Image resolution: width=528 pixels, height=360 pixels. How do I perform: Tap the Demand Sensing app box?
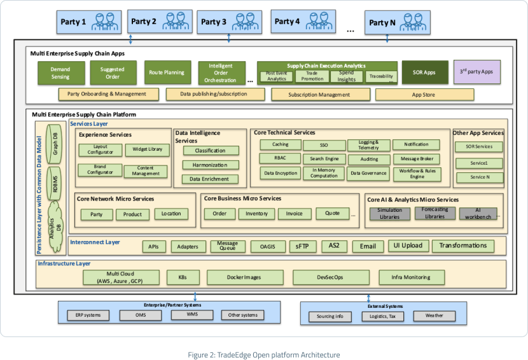coord(60,73)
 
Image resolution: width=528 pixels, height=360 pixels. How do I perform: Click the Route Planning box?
coord(167,73)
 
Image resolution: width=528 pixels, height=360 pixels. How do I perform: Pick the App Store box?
coord(424,94)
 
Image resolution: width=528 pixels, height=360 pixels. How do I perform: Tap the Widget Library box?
coord(147,150)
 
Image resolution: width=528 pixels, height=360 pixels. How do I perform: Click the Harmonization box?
coord(211,165)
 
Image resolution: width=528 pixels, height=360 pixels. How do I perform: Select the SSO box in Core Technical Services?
coord(324,145)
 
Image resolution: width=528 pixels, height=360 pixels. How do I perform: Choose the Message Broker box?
coord(416,158)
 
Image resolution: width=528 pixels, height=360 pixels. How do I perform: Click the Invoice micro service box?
coord(294,214)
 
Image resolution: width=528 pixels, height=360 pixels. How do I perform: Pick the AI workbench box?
coord(478,213)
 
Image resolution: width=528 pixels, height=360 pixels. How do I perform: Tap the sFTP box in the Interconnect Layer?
coord(298,246)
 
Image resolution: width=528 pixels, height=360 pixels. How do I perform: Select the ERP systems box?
coord(88,315)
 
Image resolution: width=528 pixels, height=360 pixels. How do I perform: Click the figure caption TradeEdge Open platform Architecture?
coord(263,354)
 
